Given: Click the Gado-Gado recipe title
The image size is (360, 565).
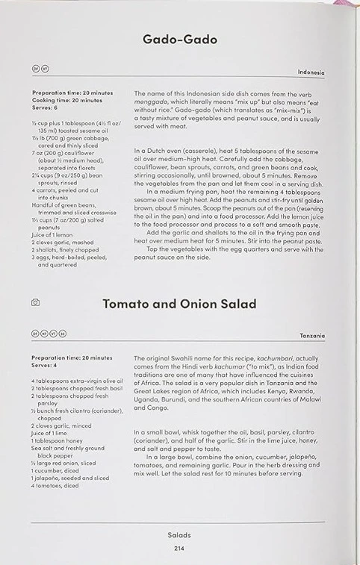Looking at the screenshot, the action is pos(179,39).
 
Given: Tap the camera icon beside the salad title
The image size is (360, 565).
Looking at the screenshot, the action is pos(35,303).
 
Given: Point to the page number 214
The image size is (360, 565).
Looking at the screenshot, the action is pos(179,549).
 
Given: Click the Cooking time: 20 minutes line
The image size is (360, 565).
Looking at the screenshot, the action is pos(67,99).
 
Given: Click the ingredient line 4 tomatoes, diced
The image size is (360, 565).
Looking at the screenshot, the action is pos(55,486).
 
